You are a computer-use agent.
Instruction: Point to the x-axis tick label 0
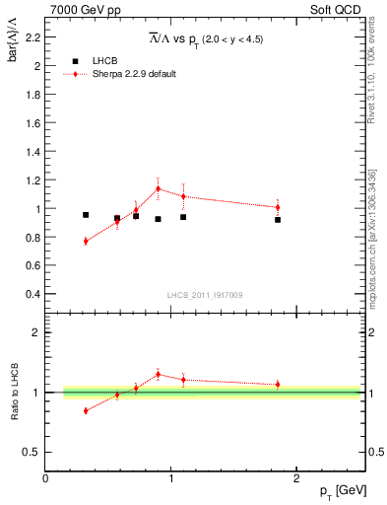(45, 477)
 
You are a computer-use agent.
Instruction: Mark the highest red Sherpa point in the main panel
(158, 188)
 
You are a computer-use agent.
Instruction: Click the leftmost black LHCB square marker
(86, 215)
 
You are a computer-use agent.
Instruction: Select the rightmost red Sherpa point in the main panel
(278, 207)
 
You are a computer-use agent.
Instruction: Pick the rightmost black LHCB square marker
(278, 220)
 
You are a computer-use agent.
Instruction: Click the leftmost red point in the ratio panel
(86, 410)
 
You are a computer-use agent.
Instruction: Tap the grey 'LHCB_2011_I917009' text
(205, 295)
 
